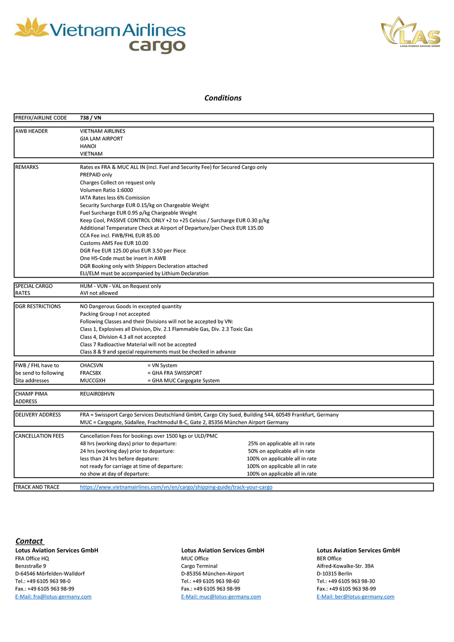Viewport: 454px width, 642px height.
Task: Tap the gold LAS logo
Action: coord(411,32)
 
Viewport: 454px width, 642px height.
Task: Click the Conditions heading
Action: coord(223,98)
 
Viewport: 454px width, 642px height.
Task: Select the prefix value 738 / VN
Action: coord(90,118)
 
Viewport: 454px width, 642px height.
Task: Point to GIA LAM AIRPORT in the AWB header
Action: coord(102,139)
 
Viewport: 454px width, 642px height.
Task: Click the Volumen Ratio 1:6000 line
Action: coord(106,190)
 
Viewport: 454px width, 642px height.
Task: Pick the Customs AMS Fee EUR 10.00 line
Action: coord(114,243)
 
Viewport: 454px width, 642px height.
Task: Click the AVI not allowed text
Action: coord(99,293)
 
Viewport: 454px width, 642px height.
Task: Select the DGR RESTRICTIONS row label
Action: coord(38,306)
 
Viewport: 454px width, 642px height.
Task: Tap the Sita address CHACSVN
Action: coord(91,365)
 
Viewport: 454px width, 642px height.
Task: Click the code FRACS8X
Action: coord(90,373)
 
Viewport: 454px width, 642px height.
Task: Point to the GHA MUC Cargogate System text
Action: coord(184,380)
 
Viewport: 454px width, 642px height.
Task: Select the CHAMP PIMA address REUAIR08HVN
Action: coord(97,394)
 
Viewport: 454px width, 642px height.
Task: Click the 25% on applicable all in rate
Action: coord(282,443)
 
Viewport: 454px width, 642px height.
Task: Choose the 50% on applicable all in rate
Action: coord(282,451)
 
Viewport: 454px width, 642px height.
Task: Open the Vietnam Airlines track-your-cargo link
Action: coord(176,487)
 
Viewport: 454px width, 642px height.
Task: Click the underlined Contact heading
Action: coord(29,541)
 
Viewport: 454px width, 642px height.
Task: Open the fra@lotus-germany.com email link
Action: coord(53,596)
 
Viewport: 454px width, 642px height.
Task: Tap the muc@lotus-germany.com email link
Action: coord(221,596)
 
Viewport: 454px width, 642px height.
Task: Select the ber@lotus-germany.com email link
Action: coord(355,596)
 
